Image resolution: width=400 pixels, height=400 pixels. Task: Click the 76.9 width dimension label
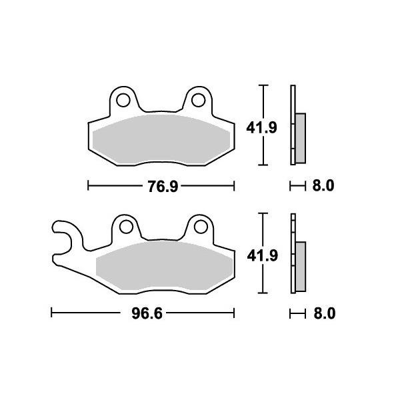click(x=163, y=187)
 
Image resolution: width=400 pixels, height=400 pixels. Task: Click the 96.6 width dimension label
click(x=147, y=313)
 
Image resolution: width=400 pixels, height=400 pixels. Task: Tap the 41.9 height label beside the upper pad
click(x=261, y=127)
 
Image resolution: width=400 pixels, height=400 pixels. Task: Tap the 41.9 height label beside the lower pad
click(x=262, y=255)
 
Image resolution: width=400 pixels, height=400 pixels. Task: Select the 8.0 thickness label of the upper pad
click(x=323, y=185)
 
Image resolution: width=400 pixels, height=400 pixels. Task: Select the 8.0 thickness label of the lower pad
click(x=324, y=313)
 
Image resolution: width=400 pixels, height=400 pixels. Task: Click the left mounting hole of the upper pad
click(x=123, y=100)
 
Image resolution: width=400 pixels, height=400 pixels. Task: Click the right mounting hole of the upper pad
click(x=199, y=100)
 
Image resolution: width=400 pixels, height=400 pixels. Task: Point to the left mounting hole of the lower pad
click(x=126, y=227)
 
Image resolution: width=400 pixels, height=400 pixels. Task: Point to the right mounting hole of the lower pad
click(x=201, y=227)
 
